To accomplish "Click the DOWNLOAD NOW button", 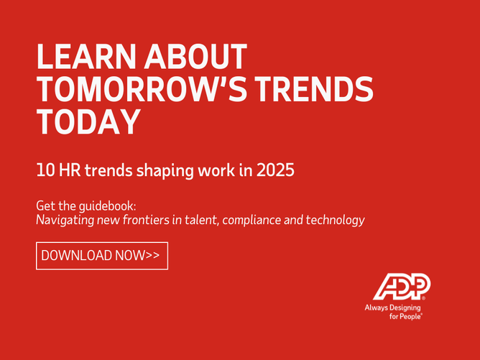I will tap(102, 255).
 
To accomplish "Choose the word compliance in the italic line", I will tap(254, 221).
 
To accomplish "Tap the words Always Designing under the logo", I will tap(396, 307).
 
